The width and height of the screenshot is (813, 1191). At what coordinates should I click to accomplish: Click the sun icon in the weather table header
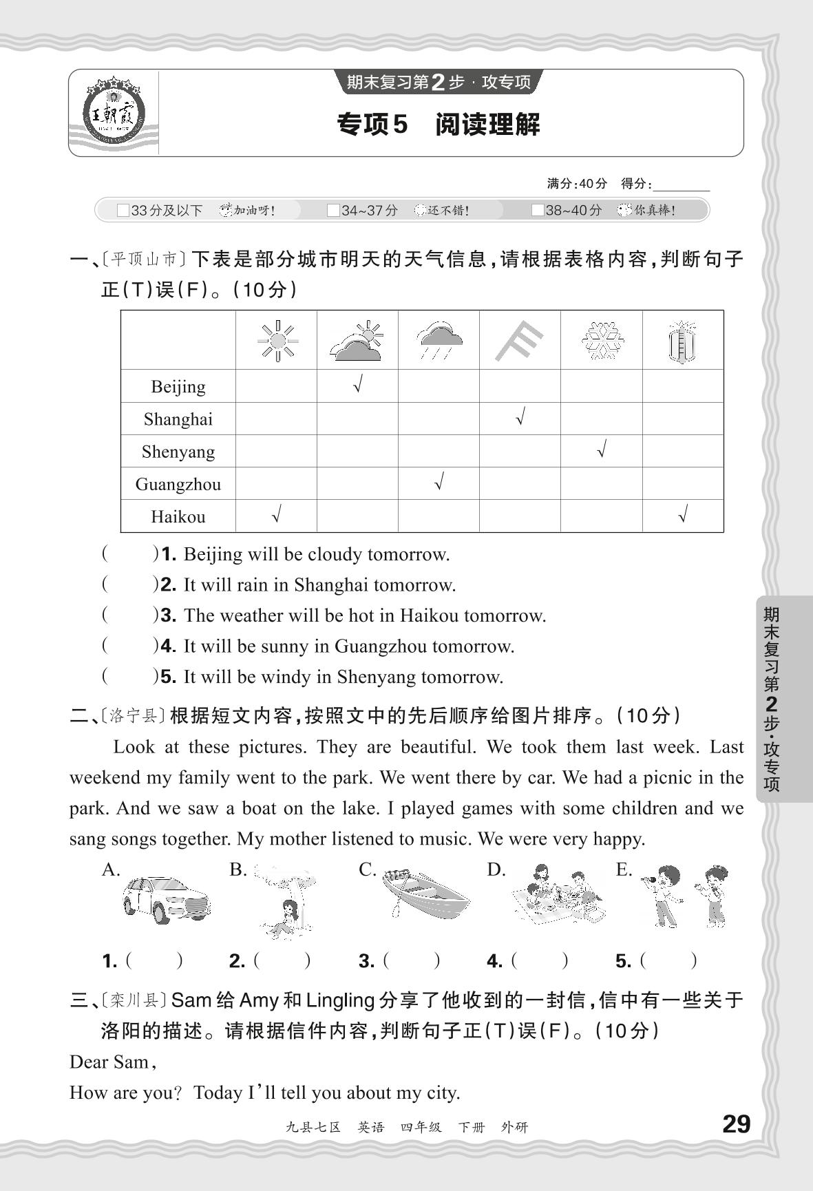point(277,340)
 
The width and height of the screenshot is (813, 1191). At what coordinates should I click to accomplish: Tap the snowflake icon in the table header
point(602,340)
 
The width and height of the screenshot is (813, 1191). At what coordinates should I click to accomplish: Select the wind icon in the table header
point(519,341)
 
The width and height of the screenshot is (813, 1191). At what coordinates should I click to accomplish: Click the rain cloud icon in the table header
point(439,340)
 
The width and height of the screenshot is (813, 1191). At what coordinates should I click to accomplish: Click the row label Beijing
point(178,387)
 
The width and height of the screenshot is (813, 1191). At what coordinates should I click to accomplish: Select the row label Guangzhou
point(178,484)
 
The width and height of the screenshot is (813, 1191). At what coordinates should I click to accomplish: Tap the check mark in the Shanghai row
point(520,417)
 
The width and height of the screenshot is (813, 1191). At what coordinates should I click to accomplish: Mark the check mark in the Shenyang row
point(602,450)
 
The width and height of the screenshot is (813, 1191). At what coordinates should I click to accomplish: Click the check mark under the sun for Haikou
point(277,514)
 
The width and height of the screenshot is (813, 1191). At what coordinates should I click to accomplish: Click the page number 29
point(736,1124)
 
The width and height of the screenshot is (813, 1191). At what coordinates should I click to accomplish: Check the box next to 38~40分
point(538,211)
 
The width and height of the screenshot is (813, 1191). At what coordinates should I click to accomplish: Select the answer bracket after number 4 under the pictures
point(540,961)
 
